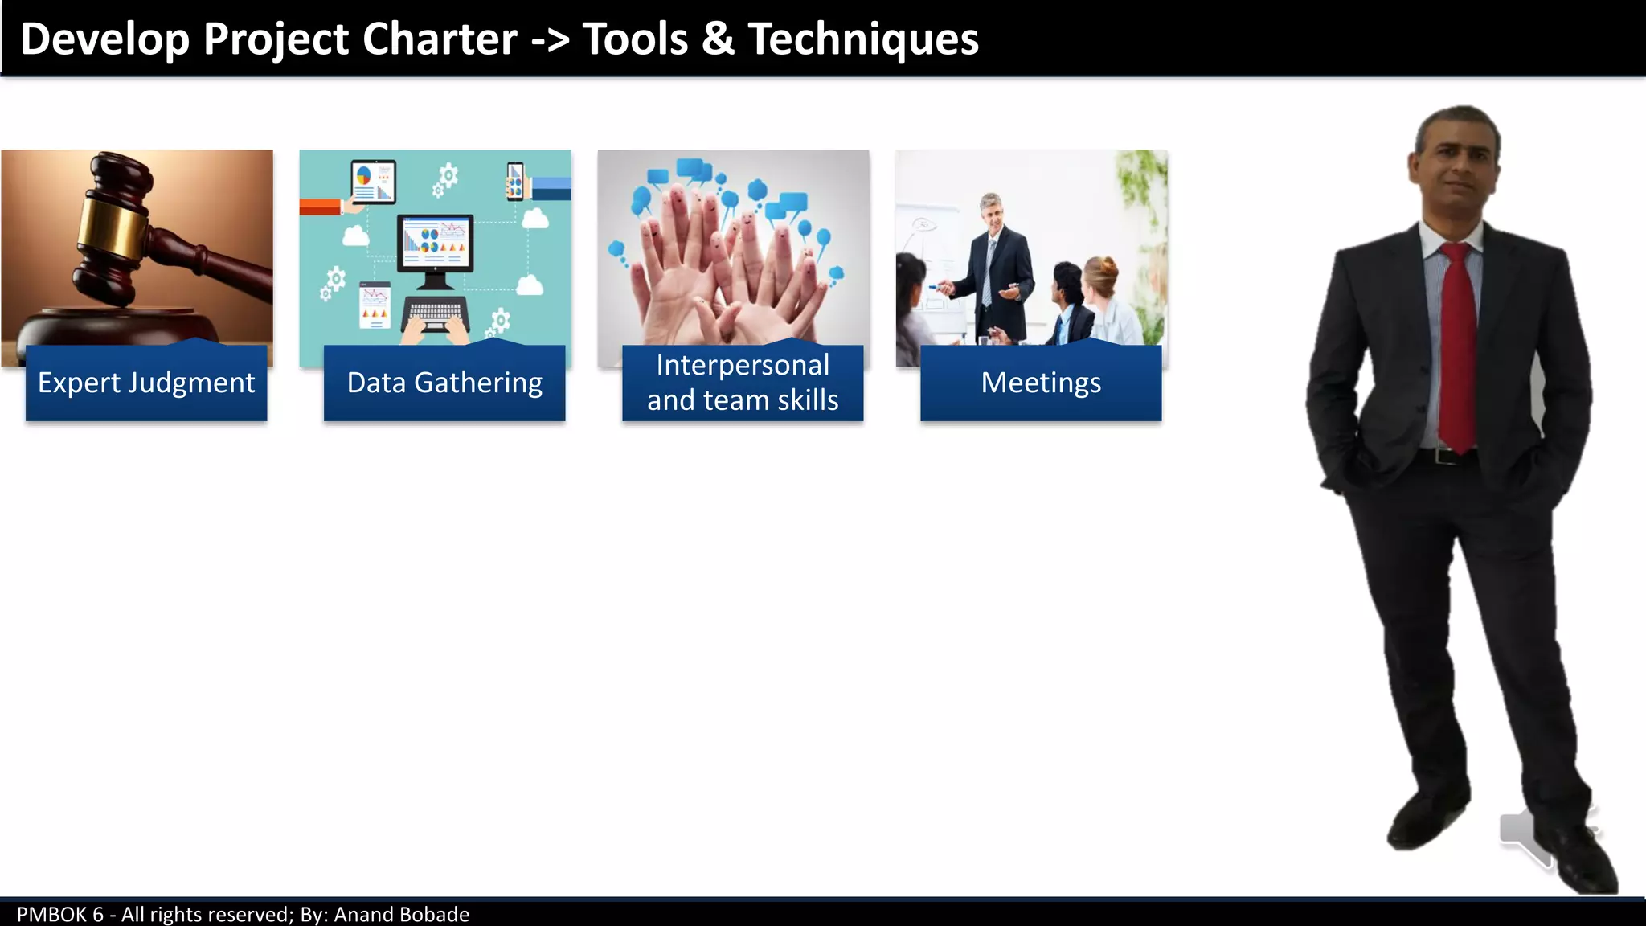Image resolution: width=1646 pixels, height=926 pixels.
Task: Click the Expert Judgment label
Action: click(x=146, y=383)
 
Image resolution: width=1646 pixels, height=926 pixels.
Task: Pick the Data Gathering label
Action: click(x=444, y=383)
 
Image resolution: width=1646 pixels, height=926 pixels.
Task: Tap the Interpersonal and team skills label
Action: click(x=743, y=383)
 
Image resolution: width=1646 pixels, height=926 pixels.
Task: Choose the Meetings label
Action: click(x=1041, y=383)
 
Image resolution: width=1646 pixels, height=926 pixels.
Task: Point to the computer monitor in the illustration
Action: click(x=435, y=244)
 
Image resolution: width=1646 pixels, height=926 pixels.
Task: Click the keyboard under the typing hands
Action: click(x=435, y=312)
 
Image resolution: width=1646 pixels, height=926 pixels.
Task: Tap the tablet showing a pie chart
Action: click(x=373, y=181)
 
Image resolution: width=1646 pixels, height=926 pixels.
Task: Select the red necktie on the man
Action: click(x=1458, y=346)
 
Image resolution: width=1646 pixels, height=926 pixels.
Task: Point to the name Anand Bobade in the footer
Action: click(x=401, y=915)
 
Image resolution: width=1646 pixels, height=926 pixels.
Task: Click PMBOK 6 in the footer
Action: click(x=60, y=915)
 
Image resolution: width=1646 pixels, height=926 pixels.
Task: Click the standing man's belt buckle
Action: click(x=1447, y=456)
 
